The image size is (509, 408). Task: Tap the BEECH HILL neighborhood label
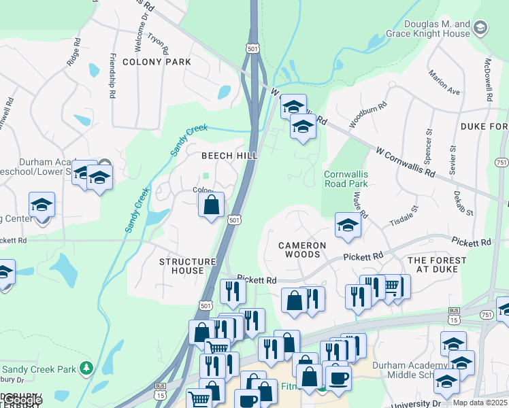(229, 156)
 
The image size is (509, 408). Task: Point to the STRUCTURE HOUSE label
(187, 266)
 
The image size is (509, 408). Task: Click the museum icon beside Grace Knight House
(481, 28)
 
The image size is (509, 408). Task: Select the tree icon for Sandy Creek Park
(86, 368)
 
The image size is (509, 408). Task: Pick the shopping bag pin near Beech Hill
(212, 203)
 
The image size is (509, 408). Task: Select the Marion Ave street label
(444, 82)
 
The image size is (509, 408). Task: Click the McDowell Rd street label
(487, 80)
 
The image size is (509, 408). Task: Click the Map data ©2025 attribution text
(480, 403)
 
